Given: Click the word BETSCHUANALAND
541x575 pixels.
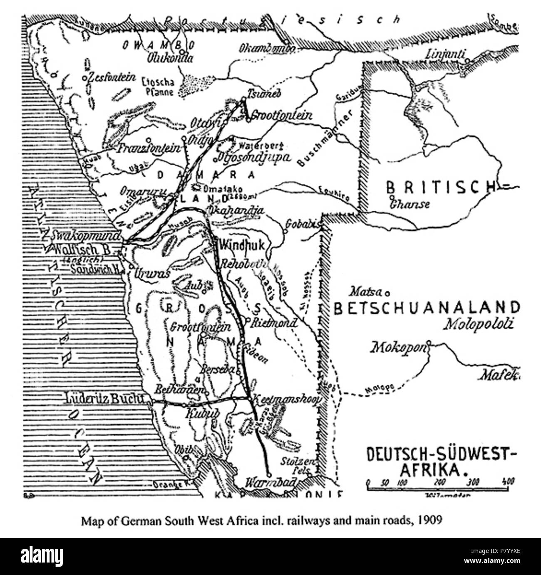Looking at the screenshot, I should point(427,308).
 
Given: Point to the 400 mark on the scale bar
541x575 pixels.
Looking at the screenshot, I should point(508,482).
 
